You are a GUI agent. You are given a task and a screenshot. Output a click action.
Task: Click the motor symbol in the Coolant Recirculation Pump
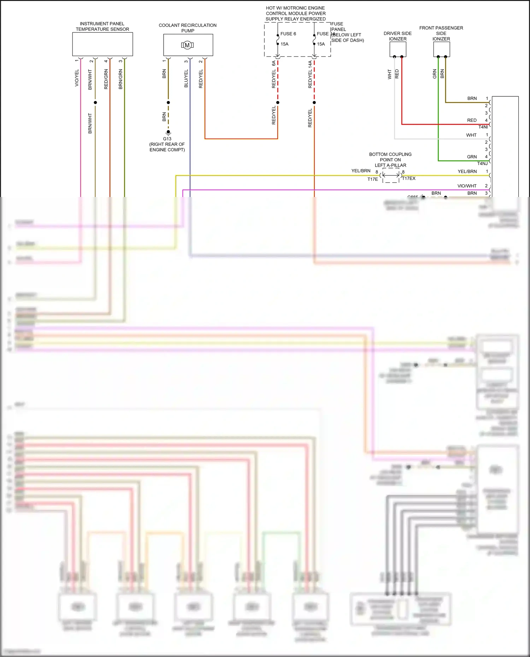[x=187, y=45]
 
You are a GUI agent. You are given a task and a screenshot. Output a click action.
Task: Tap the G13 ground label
[x=167, y=139]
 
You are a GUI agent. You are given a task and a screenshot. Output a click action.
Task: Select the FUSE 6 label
[x=288, y=34]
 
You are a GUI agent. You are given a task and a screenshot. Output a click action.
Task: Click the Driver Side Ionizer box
[x=398, y=49]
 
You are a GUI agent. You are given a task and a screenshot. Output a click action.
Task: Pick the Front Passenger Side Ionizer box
[x=441, y=49]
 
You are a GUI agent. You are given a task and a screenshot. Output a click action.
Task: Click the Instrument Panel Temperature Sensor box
[x=102, y=44]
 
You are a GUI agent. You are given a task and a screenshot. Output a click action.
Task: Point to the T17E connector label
[x=372, y=179]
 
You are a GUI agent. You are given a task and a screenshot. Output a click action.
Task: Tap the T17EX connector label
[x=409, y=178]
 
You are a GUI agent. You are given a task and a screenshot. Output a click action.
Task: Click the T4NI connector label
[x=483, y=127]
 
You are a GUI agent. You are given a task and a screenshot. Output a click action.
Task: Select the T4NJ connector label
[x=482, y=163]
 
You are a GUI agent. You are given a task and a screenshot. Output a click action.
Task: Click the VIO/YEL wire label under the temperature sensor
[x=77, y=78]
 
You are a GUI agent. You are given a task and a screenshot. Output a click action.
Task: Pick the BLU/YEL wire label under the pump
[x=186, y=78]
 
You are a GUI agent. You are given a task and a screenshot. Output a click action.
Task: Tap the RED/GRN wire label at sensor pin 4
[x=106, y=79]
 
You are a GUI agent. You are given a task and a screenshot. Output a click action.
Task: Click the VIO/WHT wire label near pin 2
[x=467, y=186]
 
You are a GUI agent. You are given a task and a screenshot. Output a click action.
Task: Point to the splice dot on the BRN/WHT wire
[x=95, y=102]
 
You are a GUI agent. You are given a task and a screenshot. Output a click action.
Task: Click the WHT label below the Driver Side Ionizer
[x=390, y=74]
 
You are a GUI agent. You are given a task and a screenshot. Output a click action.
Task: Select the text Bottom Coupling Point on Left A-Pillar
[x=390, y=160]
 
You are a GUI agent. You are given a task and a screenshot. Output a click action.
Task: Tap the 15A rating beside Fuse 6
[x=284, y=44]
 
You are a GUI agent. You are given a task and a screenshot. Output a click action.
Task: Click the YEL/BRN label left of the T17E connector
[x=361, y=171]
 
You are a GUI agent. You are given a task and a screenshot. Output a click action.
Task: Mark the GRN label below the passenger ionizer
[x=435, y=74]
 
